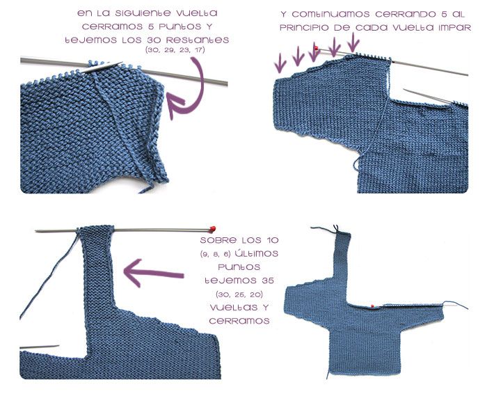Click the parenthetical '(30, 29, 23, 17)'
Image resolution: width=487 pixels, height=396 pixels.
point(175,50)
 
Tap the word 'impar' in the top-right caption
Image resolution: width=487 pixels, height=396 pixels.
point(455,28)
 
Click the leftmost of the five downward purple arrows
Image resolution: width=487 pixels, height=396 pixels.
point(280,63)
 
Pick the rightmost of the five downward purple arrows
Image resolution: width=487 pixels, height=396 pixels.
point(353,42)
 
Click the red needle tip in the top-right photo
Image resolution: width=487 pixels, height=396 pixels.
point(316,48)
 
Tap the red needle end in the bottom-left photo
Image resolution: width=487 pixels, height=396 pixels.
point(213,229)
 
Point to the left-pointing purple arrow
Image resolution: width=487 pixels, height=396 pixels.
point(154,273)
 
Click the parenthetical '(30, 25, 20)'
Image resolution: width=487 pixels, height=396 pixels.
point(239,294)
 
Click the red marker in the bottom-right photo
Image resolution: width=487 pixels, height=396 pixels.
point(372,306)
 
